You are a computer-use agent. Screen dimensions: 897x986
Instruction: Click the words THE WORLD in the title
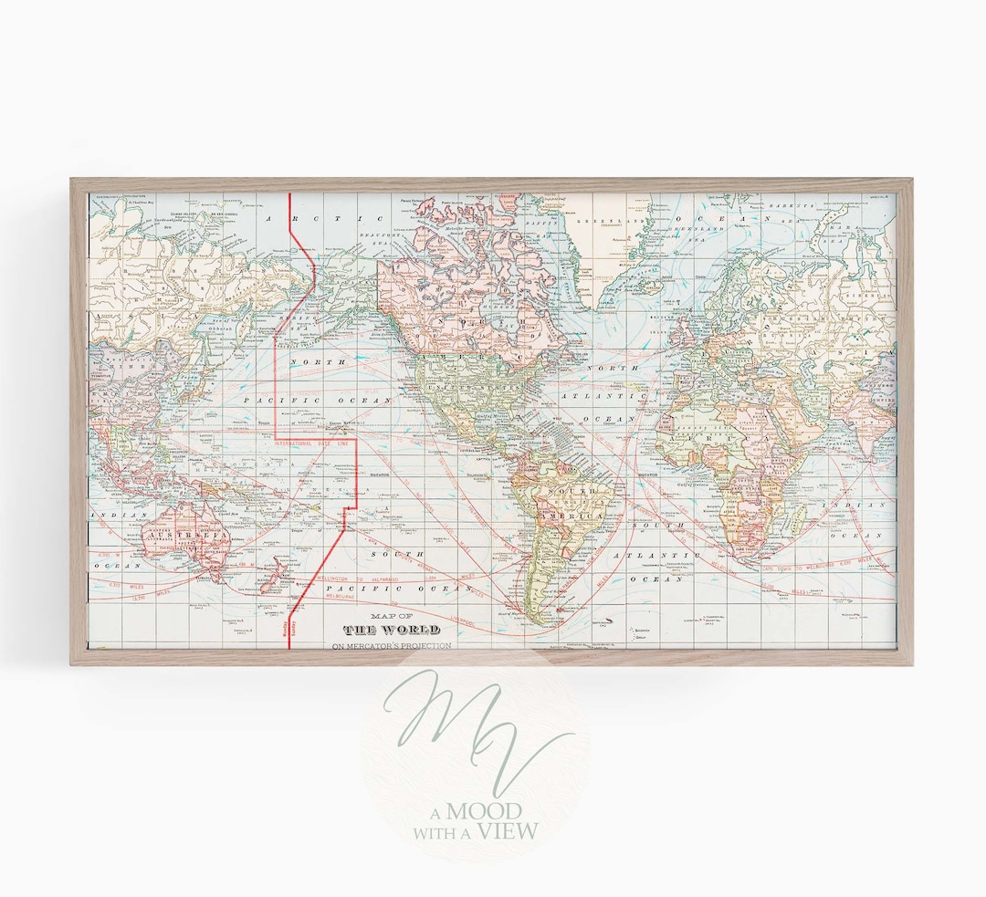[x=391, y=630]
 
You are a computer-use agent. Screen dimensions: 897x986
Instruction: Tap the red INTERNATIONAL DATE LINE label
[x=313, y=443]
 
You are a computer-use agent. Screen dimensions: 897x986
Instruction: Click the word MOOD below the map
[x=491, y=811]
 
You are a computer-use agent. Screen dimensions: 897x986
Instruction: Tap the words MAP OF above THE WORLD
[x=391, y=616]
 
